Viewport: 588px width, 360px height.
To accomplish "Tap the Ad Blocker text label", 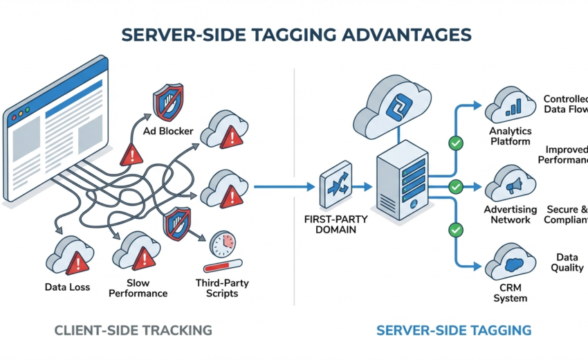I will click(168, 131).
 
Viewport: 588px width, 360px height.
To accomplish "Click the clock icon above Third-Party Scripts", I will click(222, 246).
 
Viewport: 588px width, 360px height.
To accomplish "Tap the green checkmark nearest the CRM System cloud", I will click(455, 229).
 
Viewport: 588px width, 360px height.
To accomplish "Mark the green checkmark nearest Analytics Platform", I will click(455, 143).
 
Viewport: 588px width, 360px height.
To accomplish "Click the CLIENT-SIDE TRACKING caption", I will click(133, 330).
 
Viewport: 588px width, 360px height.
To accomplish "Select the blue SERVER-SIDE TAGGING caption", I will click(454, 330).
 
